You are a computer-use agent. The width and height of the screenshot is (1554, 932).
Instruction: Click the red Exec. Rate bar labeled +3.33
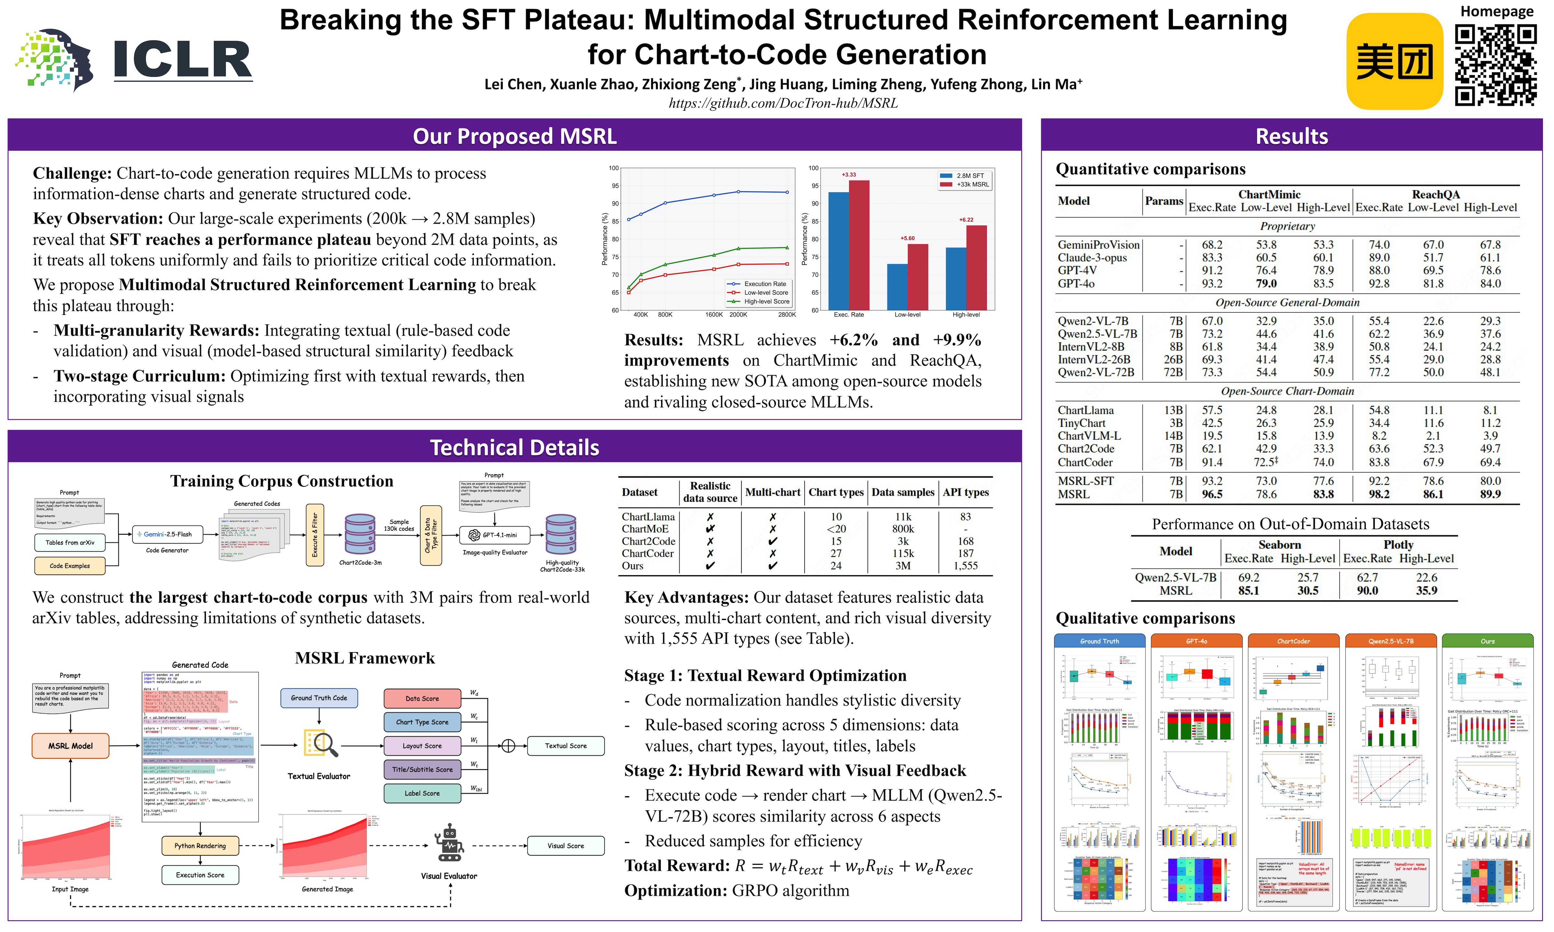(859, 245)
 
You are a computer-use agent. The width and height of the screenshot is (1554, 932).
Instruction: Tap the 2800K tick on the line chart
(786, 315)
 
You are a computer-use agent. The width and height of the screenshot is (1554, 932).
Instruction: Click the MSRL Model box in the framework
(70, 746)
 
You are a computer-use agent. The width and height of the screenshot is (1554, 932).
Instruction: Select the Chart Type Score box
(422, 722)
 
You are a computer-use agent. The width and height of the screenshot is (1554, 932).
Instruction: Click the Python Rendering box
(200, 846)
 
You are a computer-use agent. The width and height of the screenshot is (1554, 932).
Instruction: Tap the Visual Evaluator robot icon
(449, 843)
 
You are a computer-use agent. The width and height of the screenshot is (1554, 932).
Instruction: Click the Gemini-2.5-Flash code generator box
(167, 535)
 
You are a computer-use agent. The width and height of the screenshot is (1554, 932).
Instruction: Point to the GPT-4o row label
(1076, 284)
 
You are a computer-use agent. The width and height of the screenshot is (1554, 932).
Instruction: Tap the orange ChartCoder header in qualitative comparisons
(1293, 641)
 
